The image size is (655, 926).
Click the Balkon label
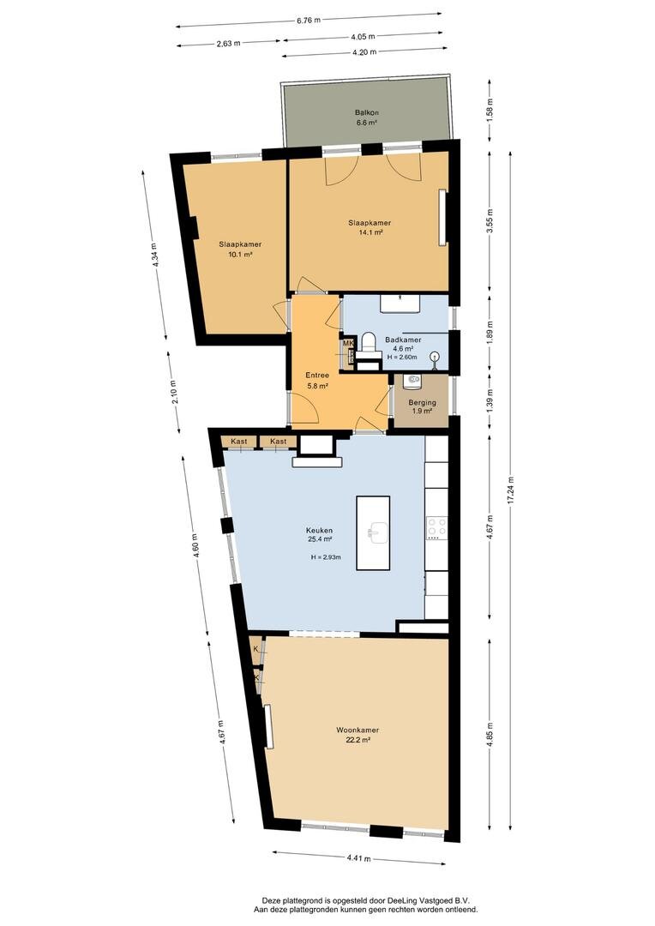[367, 112]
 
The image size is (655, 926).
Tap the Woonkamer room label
[358, 730]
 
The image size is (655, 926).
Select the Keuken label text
[319, 531]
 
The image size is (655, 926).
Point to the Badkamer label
[404, 340]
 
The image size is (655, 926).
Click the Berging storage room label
[423, 403]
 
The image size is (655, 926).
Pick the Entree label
[317, 375]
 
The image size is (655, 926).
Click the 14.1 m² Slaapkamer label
[370, 223]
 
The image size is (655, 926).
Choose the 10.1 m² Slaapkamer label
[240, 244]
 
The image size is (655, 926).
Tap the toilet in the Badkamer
[370, 342]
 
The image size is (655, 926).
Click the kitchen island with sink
[373, 532]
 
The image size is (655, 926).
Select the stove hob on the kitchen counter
[436, 528]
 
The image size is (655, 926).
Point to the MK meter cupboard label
[348, 343]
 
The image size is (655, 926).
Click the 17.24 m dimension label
[511, 490]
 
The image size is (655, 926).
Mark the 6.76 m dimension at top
[309, 20]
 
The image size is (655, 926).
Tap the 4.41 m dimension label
[359, 858]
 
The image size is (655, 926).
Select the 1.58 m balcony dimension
[490, 109]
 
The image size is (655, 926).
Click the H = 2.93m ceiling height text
[326, 557]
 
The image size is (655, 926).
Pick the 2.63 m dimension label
[229, 43]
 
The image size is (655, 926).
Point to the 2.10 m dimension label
[175, 391]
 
